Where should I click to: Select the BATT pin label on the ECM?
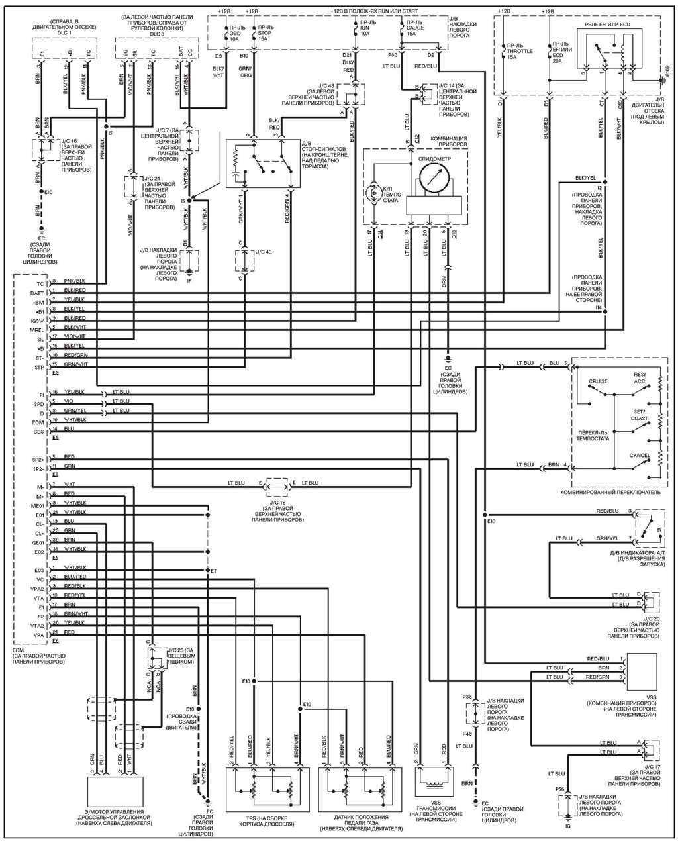click(x=36, y=292)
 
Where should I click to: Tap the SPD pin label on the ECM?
click(x=38, y=403)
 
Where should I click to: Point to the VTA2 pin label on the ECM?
click(x=37, y=625)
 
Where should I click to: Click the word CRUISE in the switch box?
click(x=597, y=381)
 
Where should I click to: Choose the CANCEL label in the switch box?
click(x=639, y=455)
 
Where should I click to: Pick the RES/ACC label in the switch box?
click(x=639, y=377)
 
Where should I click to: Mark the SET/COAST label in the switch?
click(x=640, y=415)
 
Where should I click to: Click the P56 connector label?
click(x=559, y=790)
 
